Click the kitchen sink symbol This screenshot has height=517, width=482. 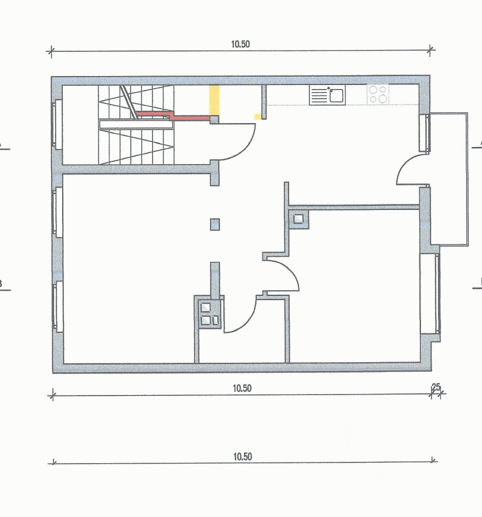tap(327, 94)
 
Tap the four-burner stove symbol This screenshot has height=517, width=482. tap(378, 94)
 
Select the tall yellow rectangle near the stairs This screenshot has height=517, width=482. tap(215, 100)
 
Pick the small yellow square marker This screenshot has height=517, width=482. tap(257, 117)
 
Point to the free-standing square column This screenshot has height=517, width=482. tap(215, 223)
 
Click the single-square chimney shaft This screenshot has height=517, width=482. tap(298, 219)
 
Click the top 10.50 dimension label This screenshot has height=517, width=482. tap(241, 44)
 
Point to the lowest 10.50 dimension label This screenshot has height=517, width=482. tap(242, 457)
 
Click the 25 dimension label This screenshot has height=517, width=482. tap(436, 387)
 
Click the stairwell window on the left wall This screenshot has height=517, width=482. tap(58, 124)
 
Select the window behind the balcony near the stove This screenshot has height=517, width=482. tap(424, 133)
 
